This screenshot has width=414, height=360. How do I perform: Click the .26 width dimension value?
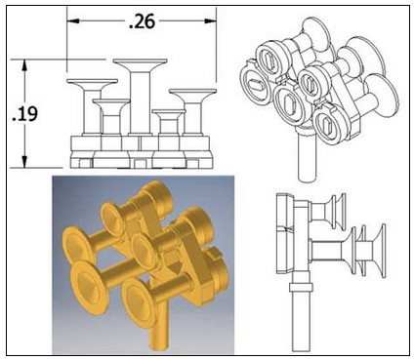pos(143,21)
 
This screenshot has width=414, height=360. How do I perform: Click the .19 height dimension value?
pos(24,114)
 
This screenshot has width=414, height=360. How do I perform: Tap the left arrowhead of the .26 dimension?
pos(73,21)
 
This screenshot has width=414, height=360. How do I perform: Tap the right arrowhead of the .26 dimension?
pos(210,21)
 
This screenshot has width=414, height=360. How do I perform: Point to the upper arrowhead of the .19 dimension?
pos(24,65)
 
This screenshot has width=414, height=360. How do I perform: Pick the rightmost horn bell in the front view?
pos(192,94)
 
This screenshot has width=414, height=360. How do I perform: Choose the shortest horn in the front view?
pos(169,122)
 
